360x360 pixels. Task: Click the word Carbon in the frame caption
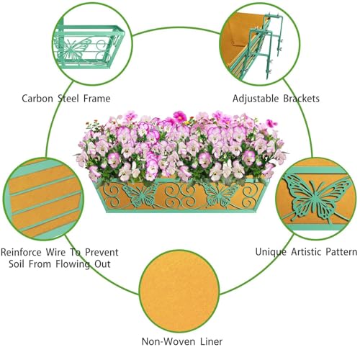37,99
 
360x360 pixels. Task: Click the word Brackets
302,99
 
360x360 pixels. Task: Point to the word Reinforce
21,252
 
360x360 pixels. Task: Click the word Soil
16,264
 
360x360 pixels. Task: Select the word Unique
271,252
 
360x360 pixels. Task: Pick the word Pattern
341,252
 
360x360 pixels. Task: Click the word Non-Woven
167,341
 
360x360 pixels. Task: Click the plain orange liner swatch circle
179,291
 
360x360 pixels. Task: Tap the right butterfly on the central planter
220,195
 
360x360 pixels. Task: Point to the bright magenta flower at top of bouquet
180,117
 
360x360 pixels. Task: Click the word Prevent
102,252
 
